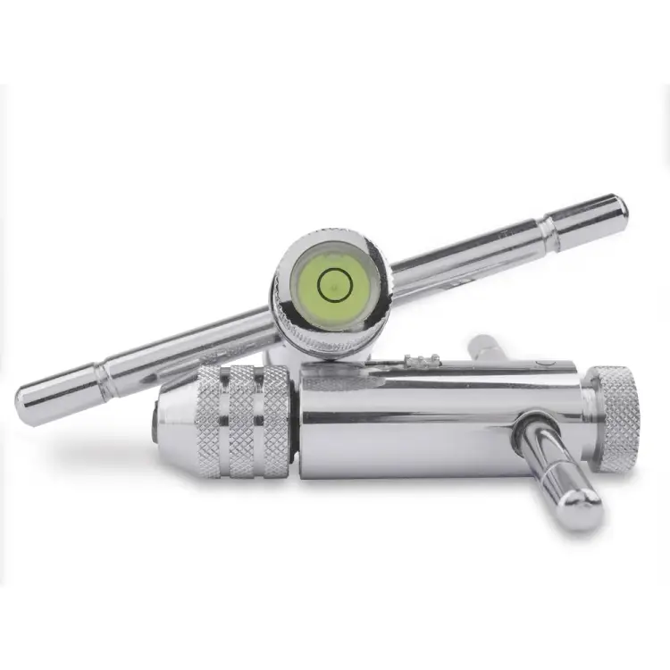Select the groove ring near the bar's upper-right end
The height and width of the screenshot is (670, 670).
click(x=549, y=234)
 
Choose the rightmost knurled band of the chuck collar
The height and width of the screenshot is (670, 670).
click(x=274, y=420)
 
